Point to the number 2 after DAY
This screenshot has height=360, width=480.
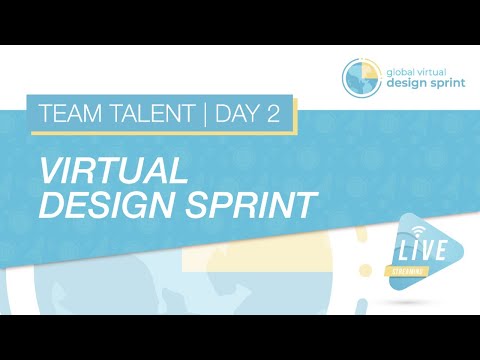coord(273,114)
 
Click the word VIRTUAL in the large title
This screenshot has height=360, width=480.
coord(113,171)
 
